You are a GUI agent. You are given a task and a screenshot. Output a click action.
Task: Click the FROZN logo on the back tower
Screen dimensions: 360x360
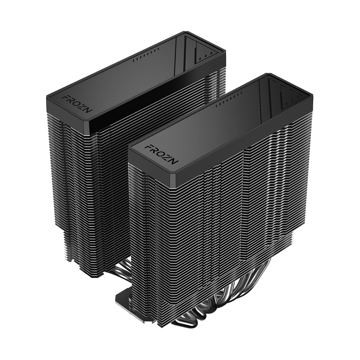pyautogui.click(x=77, y=104)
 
